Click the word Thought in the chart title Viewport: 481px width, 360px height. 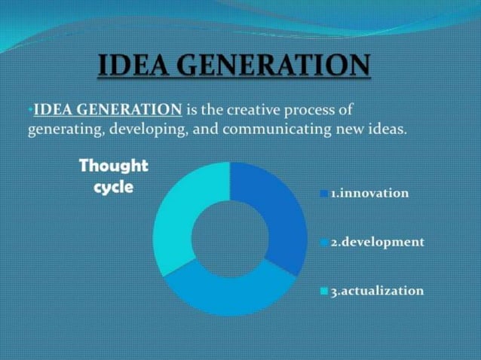point(113,166)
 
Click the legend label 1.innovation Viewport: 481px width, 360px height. point(369,194)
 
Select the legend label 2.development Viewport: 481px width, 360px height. point(377,243)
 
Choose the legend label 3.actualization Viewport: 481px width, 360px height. point(377,291)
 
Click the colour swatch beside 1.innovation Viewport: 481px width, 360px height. point(324,194)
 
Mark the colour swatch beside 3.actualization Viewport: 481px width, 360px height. point(324,291)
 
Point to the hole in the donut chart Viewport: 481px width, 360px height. point(230,238)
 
